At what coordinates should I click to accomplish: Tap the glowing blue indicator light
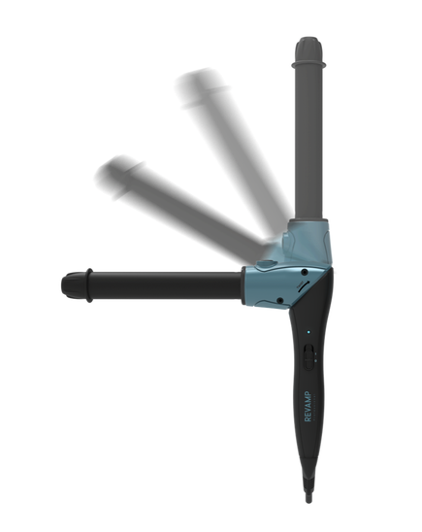pyautogui.click(x=308, y=332)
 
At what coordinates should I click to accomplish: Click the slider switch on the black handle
pyautogui.click(x=308, y=356)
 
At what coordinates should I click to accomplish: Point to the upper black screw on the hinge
pyautogui.click(x=305, y=272)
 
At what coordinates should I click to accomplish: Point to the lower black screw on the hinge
pyautogui.click(x=280, y=300)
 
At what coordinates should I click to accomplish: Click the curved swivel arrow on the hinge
pyautogui.click(x=304, y=285)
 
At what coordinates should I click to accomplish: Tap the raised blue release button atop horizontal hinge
pyautogui.click(x=266, y=264)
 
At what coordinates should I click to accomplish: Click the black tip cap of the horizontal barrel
pyautogui.click(x=73, y=285)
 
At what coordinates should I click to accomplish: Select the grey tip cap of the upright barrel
pyautogui.click(x=308, y=50)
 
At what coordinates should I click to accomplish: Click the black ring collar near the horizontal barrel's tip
pyautogui.click(x=89, y=285)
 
